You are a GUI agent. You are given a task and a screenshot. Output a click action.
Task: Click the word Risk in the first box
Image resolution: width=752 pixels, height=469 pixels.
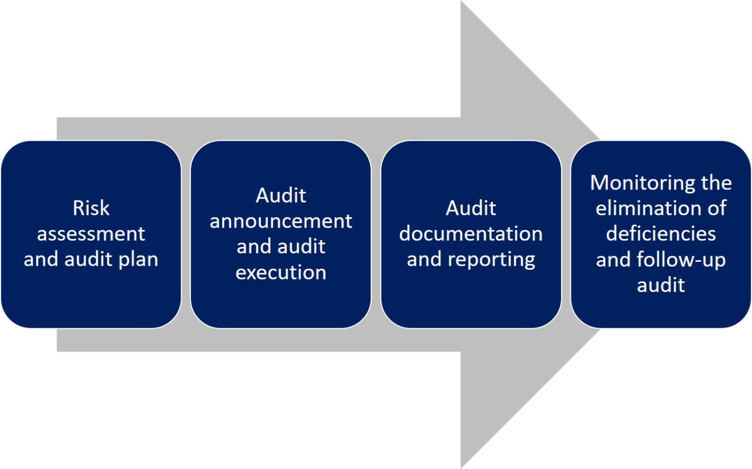[x=91, y=208]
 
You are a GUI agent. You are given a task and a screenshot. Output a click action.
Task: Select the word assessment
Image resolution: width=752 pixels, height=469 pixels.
[x=91, y=234]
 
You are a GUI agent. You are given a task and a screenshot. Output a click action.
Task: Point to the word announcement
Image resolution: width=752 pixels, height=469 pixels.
[x=281, y=221]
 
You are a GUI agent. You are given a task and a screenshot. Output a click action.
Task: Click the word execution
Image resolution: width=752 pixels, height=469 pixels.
[x=281, y=273]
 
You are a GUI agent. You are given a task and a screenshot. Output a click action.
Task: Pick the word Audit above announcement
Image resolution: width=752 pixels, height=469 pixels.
[x=281, y=195]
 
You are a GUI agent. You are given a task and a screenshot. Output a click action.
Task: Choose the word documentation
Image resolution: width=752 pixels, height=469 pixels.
[x=471, y=234]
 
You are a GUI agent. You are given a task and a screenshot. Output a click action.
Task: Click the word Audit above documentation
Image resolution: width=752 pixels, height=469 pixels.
[x=471, y=208]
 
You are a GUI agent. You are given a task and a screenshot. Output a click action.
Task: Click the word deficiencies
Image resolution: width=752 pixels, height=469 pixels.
[x=661, y=234]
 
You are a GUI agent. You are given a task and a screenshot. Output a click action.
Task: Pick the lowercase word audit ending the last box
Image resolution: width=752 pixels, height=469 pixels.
[x=661, y=285]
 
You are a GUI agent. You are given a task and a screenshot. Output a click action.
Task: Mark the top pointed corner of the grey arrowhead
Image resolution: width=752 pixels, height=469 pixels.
[x=461, y=2]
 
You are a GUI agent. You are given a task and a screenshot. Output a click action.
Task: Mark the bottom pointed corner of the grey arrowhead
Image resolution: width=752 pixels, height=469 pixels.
[x=461, y=467]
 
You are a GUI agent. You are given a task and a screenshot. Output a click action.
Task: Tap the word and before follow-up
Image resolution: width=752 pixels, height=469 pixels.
[x=614, y=260]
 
